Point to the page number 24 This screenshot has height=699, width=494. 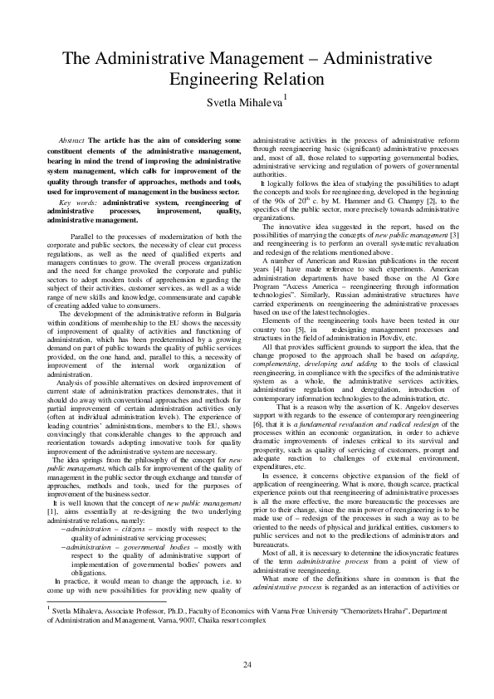point(247,665)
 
